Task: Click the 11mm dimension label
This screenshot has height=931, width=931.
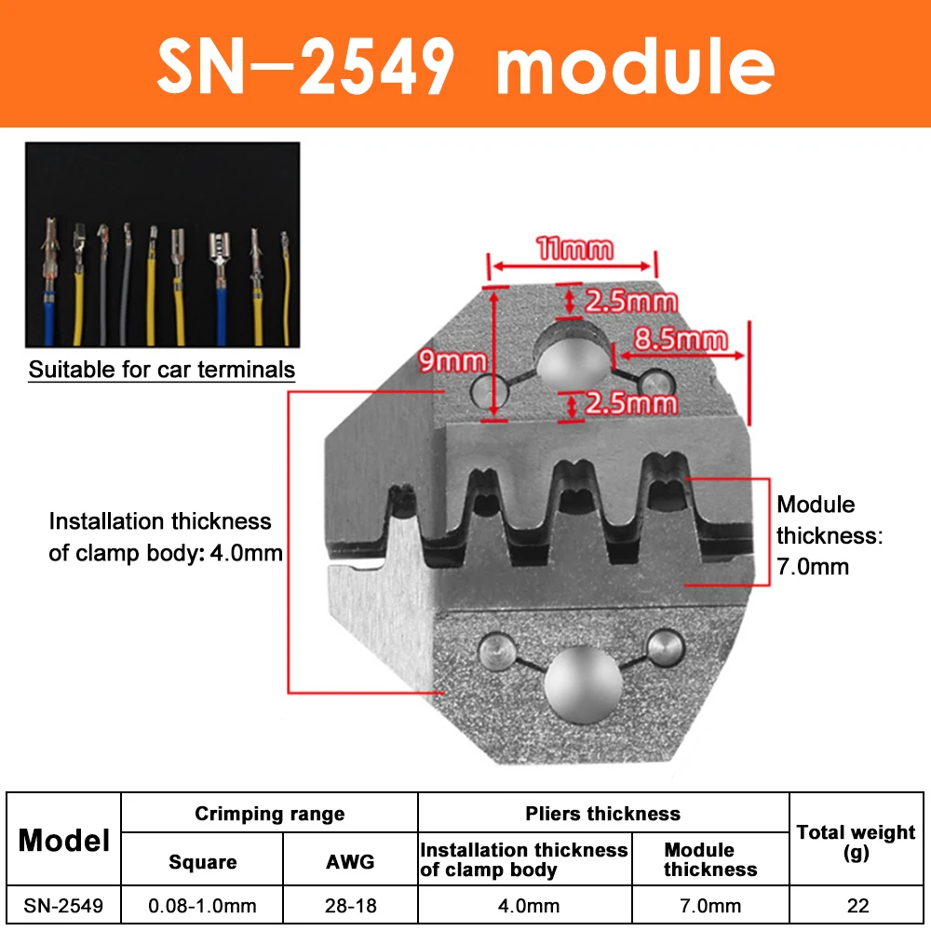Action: (574, 249)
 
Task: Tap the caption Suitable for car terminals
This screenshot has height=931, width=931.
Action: (162, 370)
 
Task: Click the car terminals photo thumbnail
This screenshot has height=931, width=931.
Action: (162, 244)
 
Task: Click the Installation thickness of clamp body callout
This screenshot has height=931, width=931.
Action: (166, 537)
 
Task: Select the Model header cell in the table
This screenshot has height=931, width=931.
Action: (64, 841)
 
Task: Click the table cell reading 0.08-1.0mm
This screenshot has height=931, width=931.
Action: (202, 905)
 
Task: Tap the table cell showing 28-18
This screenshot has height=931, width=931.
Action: (350, 905)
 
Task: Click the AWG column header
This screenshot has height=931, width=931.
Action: (350, 861)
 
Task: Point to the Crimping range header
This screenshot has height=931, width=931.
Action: (269, 814)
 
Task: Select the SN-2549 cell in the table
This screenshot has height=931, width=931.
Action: (64, 905)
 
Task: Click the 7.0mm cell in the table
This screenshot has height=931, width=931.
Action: (710, 905)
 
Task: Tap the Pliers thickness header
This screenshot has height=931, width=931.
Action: (602, 814)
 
